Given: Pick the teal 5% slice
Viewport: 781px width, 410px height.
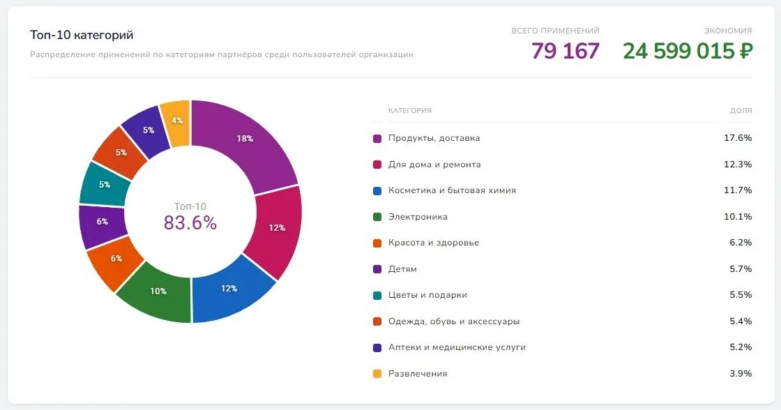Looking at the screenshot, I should coord(105,185).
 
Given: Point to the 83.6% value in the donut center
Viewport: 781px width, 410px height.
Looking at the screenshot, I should coord(190,222).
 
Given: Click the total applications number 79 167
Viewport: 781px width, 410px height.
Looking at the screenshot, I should coord(565,51).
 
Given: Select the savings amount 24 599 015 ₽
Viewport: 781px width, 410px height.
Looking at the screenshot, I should coord(688,51).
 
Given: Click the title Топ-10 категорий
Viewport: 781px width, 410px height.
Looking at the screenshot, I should coord(82,35).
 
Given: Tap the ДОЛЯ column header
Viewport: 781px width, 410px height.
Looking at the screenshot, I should coord(741,110).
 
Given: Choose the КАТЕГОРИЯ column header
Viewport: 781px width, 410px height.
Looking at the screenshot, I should coord(410,110).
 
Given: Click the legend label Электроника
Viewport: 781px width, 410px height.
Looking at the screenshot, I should coord(418,217).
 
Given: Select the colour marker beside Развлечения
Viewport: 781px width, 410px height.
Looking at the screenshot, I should coord(377,374).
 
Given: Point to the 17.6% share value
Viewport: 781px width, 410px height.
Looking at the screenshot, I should coord(738,138).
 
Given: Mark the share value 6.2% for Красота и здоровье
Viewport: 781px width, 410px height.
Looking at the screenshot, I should coord(741,243).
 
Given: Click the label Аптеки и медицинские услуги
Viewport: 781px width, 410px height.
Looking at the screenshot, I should coord(457,347).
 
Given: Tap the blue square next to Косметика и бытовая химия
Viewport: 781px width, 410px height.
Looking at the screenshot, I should coord(377,190).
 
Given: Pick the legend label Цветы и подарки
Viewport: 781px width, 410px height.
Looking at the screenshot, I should coord(427,295).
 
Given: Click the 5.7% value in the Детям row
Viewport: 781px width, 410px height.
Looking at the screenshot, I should coord(741,269).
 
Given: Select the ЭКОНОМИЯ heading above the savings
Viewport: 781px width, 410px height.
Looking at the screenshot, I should coord(728,31).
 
